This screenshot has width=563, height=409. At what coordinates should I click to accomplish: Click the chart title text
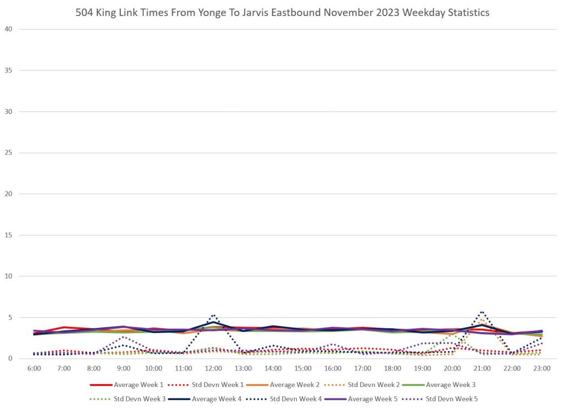(282, 13)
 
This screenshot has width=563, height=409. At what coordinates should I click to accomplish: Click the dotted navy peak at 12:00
(213, 315)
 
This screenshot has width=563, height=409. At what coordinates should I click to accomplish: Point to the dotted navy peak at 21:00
(482, 312)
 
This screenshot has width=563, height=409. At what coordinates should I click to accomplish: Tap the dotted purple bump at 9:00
(124, 336)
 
